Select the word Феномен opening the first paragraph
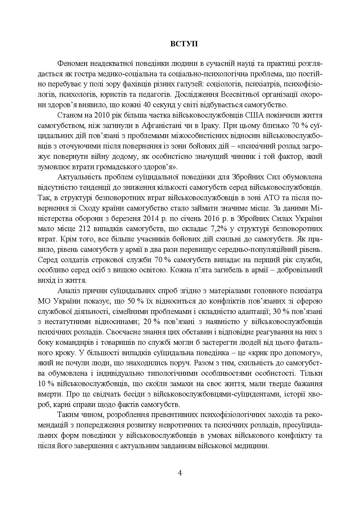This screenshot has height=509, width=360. click(72, 64)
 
